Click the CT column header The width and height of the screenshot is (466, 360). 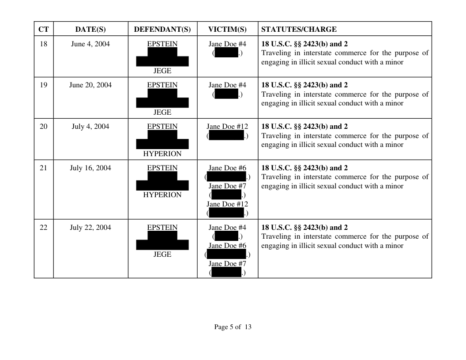tap(43, 30)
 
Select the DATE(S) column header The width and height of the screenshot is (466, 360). tap(90, 30)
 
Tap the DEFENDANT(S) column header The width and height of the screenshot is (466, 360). tap(162, 30)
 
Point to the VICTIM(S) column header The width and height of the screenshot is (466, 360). tap(227, 30)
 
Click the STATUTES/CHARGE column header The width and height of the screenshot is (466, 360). tap(299, 30)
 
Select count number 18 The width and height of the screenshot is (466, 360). tap(43, 44)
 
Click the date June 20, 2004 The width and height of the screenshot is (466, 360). tap(90, 85)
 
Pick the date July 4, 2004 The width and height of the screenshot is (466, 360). tap(90, 127)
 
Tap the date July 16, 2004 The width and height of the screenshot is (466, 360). tap(90, 168)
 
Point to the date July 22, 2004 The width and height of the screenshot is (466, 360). tap(90, 228)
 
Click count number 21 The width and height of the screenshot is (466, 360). tap(43, 168)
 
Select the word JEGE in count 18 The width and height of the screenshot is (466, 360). tap(162, 71)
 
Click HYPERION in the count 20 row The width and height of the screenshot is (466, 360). tap(162, 154)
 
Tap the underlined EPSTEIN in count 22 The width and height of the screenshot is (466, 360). tap(162, 228)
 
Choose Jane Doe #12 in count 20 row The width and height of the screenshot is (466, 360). tap(227, 127)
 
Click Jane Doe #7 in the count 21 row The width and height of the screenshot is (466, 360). tap(227, 186)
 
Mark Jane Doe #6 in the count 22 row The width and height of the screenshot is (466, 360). tap(227, 246)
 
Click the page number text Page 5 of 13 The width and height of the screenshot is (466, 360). tap(233, 327)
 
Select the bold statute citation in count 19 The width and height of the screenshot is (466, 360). tap(304, 85)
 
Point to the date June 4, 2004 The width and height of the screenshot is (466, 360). tap(90, 44)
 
